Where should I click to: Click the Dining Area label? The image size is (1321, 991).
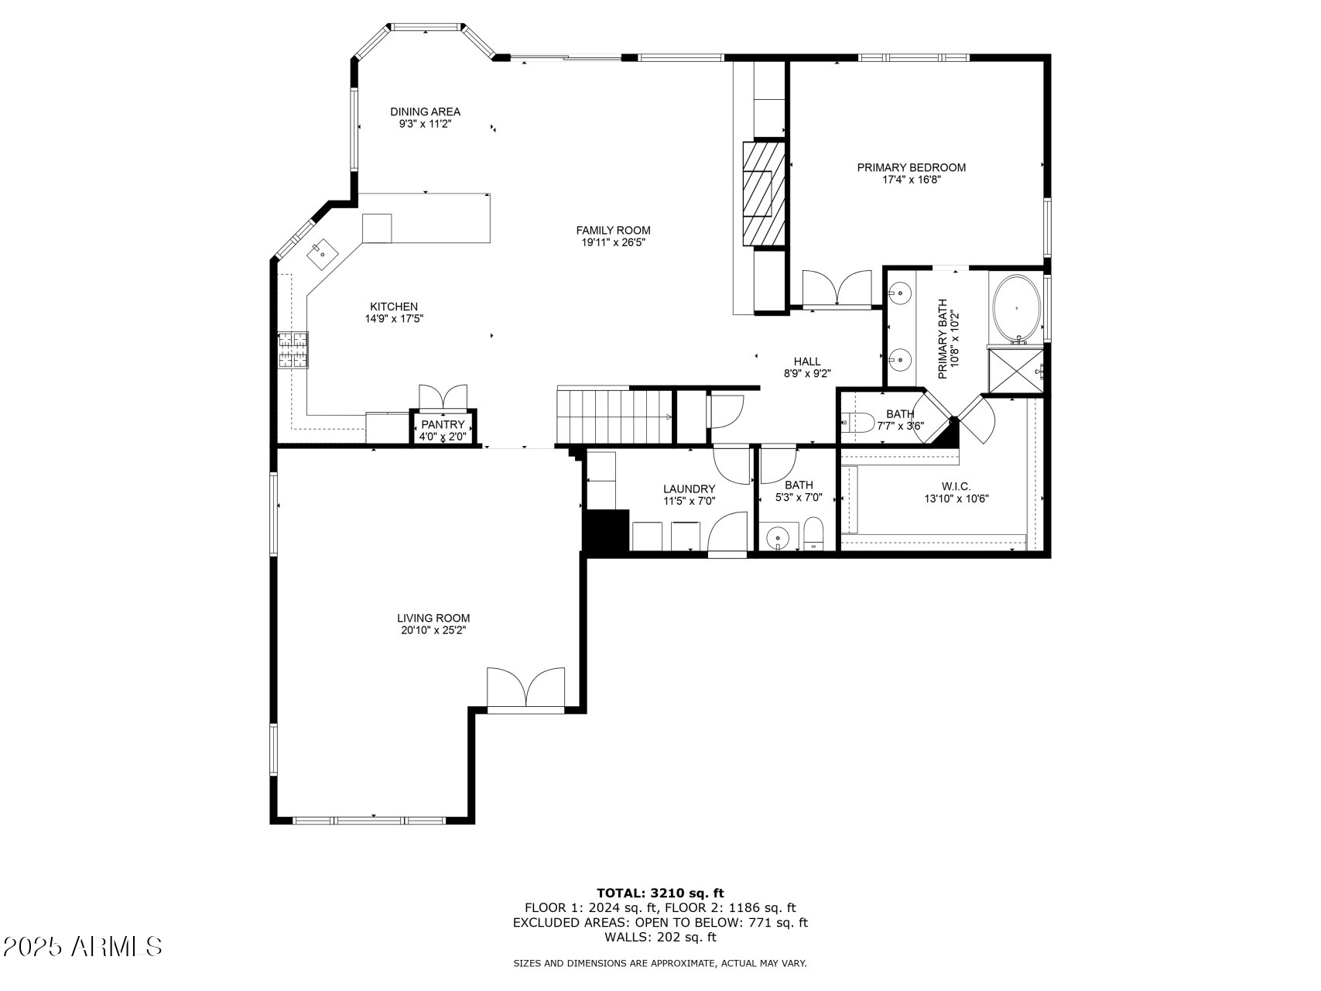(x=425, y=111)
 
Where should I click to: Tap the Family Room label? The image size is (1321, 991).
(x=613, y=230)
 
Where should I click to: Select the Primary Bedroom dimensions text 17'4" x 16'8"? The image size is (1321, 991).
(x=912, y=180)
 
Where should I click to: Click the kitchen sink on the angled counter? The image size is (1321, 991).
(x=320, y=251)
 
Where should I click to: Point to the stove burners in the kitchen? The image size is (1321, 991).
(x=293, y=349)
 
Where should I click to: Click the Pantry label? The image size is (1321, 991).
(x=443, y=424)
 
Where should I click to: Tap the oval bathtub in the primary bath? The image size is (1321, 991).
(x=1017, y=308)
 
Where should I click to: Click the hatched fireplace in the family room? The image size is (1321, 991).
(x=764, y=194)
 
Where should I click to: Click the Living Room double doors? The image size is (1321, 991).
(x=526, y=688)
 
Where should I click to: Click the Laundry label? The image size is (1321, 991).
(x=690, y=489)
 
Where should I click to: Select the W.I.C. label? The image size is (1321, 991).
(x=957, y=486)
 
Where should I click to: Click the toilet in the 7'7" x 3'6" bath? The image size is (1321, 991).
(x=857, y=423)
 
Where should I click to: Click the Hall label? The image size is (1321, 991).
(x=807, y=361)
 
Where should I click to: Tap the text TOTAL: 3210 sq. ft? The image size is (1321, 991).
(x=660, y=893)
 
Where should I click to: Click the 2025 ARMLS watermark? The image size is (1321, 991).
(x=83, y=946)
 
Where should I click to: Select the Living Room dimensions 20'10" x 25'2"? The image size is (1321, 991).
(x=433, y=630)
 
